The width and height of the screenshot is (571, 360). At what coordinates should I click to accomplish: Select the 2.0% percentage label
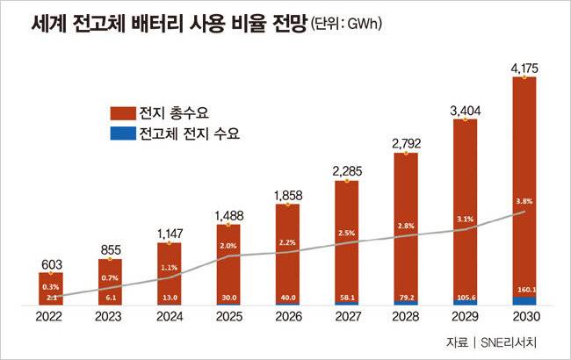[x=228, y=245]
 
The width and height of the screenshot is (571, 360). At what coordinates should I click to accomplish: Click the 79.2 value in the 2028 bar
[x=406, y=297]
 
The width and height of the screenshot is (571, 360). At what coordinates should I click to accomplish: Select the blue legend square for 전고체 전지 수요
[x=117, y=134]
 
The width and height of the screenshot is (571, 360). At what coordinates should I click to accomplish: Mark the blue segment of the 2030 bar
[x=524, y=299]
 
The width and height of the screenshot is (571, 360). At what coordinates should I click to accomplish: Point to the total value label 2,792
[x=406, y=142]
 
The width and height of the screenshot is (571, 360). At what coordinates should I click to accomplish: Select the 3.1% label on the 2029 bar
[x=465, y=219]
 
